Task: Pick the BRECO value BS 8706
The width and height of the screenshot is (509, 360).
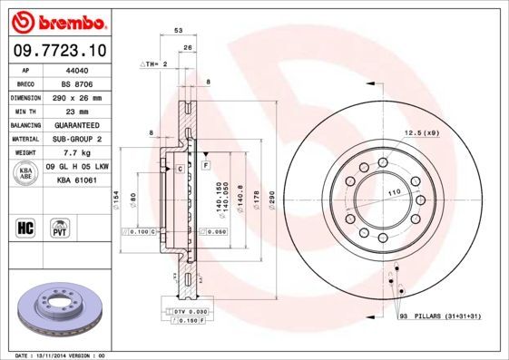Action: click(79, 83)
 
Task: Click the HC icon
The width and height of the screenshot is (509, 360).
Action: click(26, 226)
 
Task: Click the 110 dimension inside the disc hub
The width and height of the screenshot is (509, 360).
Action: click(395, 194)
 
